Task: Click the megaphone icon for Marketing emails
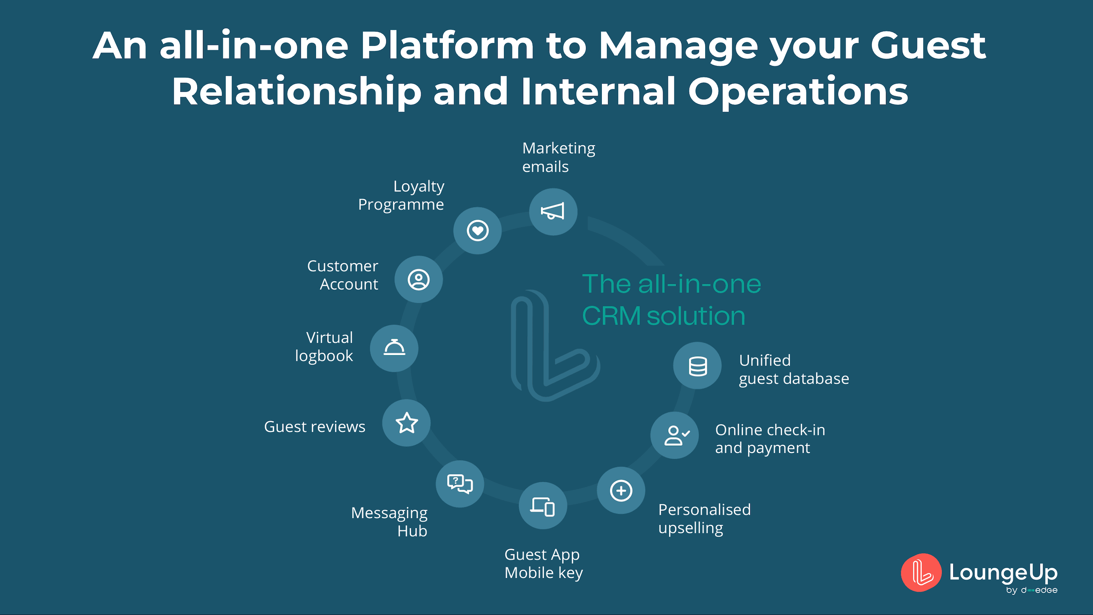click(553, 212)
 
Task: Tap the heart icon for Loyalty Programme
click(477, 230)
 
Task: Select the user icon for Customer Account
click(418, 279)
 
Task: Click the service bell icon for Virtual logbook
click(394, 348)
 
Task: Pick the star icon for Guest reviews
click(406, 423)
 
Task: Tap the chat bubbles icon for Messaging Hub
click(460, 484)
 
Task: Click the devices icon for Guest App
click(543, 506)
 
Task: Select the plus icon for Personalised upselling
click(621, 491)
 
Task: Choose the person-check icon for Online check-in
click(675, 435)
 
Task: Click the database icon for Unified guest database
click(697, 366)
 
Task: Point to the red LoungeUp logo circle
click(921, 572)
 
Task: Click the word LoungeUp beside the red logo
click(1003, 572)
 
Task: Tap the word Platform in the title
click(447, 46)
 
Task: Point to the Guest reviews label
click(314, 426)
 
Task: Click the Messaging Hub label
click(389, 522)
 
